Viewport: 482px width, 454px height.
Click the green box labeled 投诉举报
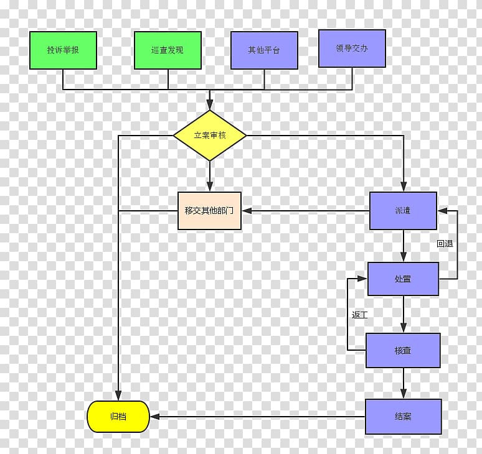(63, 50)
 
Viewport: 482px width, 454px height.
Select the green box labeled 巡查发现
(168, 50)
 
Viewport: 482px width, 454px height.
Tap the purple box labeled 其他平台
(264, 50)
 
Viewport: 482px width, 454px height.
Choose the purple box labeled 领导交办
(352, 48)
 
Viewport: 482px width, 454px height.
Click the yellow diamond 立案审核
(210, 135)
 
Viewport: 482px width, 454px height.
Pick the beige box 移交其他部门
(209, 211)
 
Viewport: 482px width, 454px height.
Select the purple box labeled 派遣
(403, 210)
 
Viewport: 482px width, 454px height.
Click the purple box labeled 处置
(403, 279)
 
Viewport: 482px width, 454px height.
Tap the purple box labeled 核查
(403, 350)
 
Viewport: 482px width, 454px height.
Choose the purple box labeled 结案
(403, 416)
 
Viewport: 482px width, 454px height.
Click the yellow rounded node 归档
(118, 416)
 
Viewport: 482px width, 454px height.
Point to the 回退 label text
(445, 244)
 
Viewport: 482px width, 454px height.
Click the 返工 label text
(359, 315)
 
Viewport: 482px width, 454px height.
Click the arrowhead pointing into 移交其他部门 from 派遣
(247, 211)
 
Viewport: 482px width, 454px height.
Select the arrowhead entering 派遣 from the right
(442, 211)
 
